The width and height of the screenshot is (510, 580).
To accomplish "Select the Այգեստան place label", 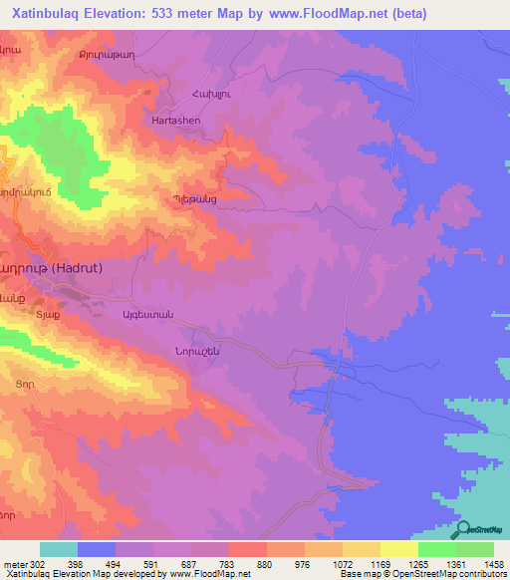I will pyautogui.click(x=147, y=315).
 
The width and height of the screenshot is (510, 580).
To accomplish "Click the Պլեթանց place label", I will pyautogui.click(x=194, y=199).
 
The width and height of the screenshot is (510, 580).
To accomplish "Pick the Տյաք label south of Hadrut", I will pyautogui.click(x=48, y=315).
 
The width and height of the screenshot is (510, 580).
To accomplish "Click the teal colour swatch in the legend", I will pyautogui.click(x=59, y=549).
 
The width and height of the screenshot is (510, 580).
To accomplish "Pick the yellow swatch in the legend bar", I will pyautogui.click(x=398, y=549).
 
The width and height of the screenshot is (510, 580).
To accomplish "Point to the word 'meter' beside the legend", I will pyautogui.click(x=14, y=564).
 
